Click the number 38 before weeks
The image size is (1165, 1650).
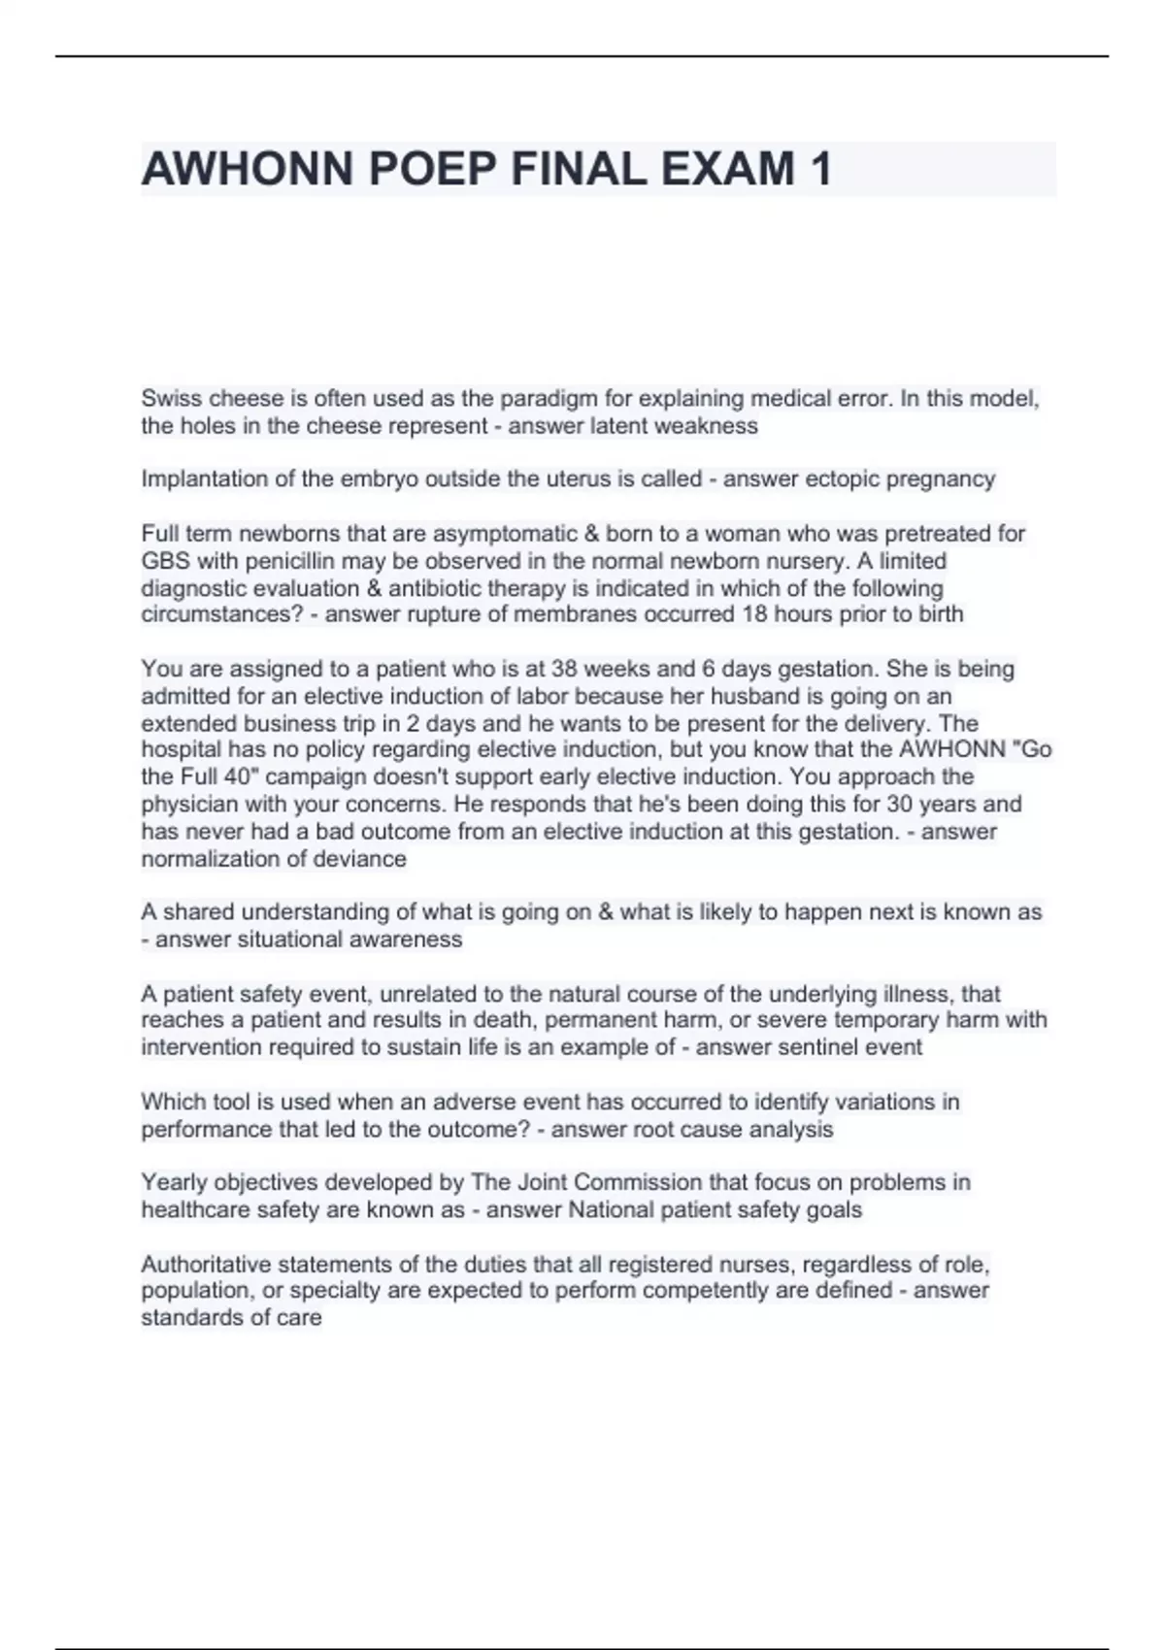pos(564,669)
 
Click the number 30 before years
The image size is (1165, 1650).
pos(910,805)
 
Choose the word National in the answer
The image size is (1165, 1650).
pos(610,1209)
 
